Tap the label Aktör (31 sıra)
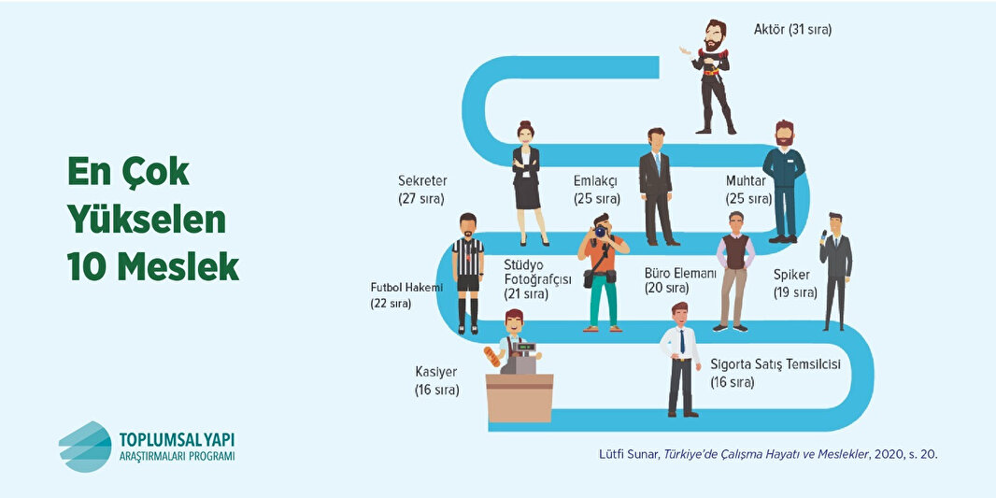click(x=792, y=30)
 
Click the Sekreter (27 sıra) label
click(x=422, y=190)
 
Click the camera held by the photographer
click(x=600, y=230)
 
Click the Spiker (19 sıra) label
click(x=795, y=283)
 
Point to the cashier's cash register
click(x=524, y=357)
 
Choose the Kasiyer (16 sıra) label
click(x=436, y=380)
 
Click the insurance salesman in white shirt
click(x=681, y=359)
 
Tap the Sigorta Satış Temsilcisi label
click(x=775, y=372)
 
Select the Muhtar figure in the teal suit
click(x=782, y=181)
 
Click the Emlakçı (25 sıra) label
click(x=596, y=190)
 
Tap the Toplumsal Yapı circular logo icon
click(x=85, y=446)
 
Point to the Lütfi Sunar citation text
click(x=768, y=455)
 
